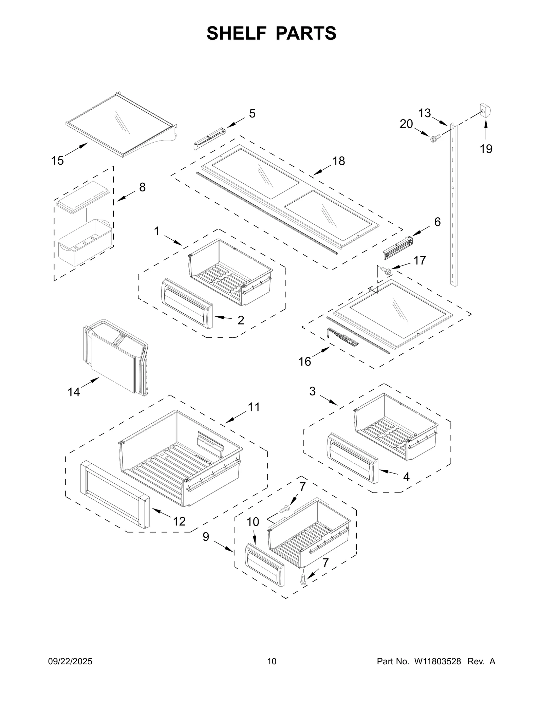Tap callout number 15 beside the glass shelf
pos(57,160)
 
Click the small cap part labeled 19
pos(486,111)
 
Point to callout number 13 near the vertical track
pos(424,113)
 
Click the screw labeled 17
pos(386,271)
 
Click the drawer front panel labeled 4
pos(352,457)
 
